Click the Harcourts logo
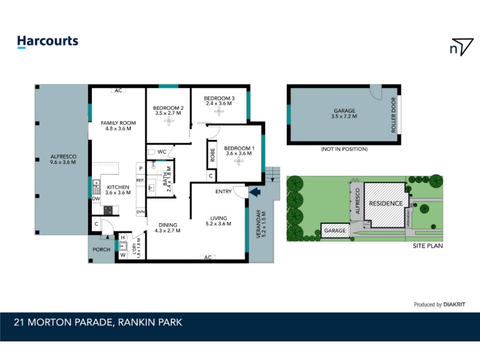point(48,41)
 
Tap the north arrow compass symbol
point(461,47)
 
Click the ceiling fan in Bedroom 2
point(169,121)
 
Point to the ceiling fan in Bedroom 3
point(219,112)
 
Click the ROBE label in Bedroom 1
point(212,155)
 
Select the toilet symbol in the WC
point(151,152)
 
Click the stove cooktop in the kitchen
point(108,211)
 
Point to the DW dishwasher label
point(96,199)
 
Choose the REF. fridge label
point(140,181)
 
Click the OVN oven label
point(140,212)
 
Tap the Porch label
point(101,250)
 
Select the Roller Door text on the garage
point(394,115)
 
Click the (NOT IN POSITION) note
point(344,149)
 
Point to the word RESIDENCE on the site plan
point(386,203)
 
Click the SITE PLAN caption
point(428,246)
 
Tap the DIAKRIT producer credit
point(454,305)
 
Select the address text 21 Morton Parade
point(63,322)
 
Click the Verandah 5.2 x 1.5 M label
point(261,224)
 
